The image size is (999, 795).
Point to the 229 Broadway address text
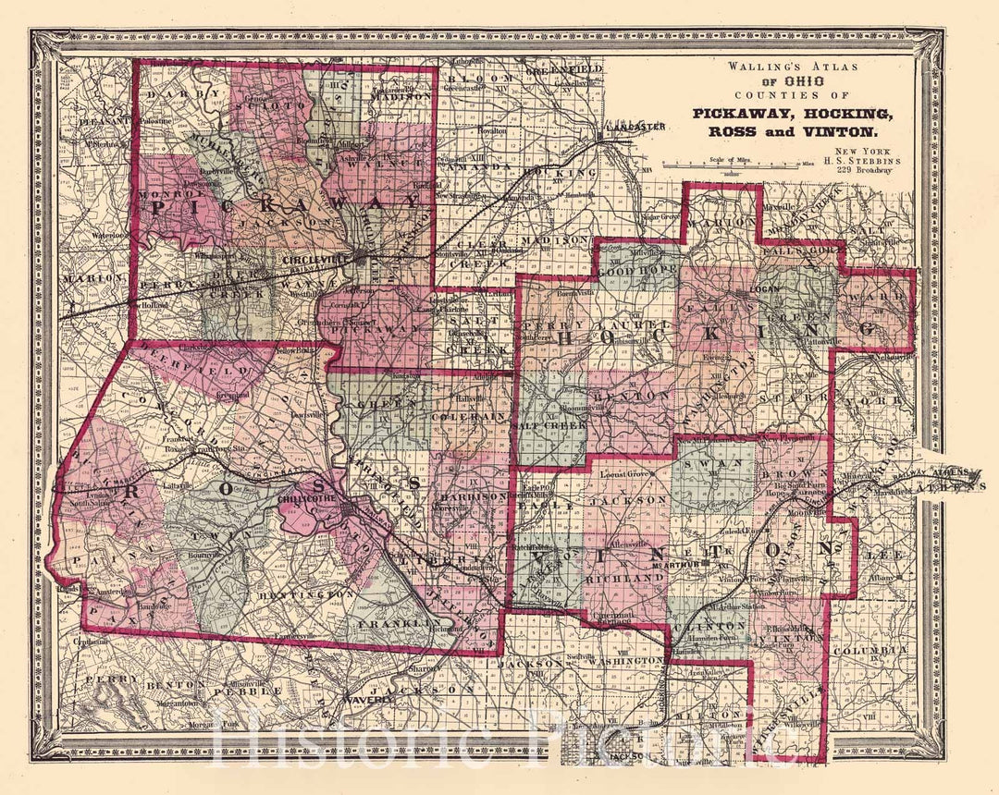pos(859,172)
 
